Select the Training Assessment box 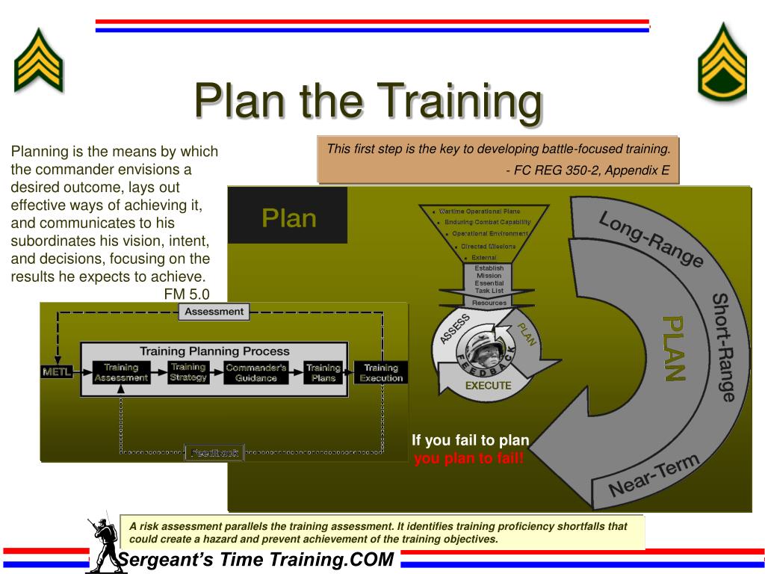tap(121, 372)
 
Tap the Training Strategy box tap(188, 371)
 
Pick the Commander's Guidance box tap(256, 372)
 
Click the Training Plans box tap(323, 372)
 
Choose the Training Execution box tap(381, 372)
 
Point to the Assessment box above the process tap(214, 312)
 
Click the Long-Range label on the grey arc tap(650, 238)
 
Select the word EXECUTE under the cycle tap(488, 386)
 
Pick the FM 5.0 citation tap(187, 293)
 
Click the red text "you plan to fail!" tap(469, 458)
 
